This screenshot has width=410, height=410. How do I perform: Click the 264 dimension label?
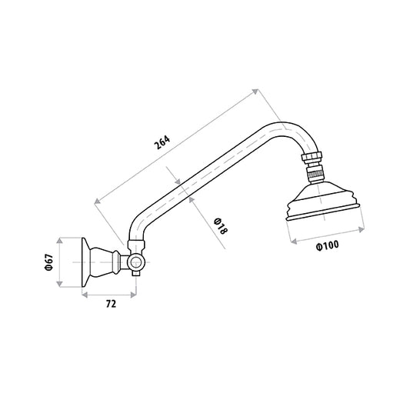click(162, 142)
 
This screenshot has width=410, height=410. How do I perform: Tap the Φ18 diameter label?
click(221, 226)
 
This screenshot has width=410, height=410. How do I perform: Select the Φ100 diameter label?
click(327, 245)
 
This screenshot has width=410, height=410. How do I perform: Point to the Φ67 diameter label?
click(49, 262)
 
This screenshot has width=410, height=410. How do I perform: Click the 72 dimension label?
click(111, 304)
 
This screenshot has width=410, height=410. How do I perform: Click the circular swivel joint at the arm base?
click(135, 262)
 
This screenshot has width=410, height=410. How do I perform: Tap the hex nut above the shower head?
click(312, 157)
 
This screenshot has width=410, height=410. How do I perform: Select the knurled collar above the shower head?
click(315, 174)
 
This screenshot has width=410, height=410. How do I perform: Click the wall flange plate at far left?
click(85, 262)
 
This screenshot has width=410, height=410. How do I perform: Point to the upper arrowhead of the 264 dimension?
click(255, 92)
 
